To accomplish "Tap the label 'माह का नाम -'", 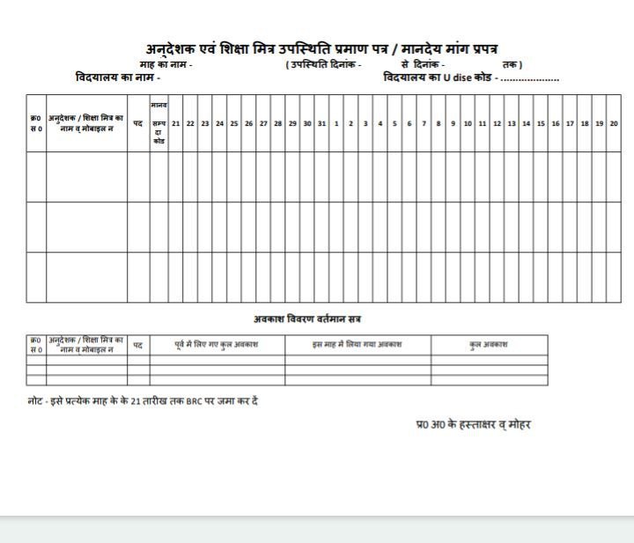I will click(166, 65).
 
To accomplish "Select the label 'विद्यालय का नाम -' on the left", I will click(118, 78).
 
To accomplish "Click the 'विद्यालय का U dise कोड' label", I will click(438, 78).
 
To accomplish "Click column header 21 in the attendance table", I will click(176, 124).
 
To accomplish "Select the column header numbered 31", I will click(321, 124).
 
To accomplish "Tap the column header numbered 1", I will click(336, 124).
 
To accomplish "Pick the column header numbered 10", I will click(468, 124).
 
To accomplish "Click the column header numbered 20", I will click(614, 124).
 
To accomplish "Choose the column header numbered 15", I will click(541, 124).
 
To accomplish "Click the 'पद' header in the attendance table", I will click(138, 124).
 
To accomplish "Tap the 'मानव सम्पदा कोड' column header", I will click(158, 123).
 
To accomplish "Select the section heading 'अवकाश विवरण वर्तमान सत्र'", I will click(306, 319).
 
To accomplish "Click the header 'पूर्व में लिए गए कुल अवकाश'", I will click(217, 344).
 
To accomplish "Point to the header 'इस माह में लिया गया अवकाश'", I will click(357, 344).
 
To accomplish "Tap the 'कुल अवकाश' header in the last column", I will click(489, 344).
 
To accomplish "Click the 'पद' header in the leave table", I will click(138, 345).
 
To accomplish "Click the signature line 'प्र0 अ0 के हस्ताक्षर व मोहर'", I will click(474, 424).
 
